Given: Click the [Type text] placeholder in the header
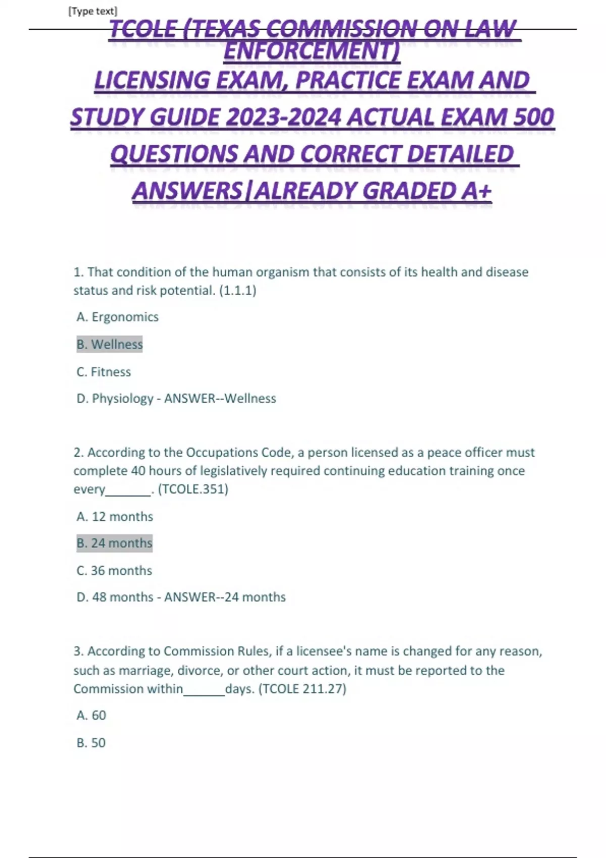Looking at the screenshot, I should pyautogui.click(x=92, y=11).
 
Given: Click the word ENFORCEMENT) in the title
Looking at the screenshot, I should pyautogui.click(x=312, y=51).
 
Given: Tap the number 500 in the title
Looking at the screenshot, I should pyautogui.click(x=533, y=117).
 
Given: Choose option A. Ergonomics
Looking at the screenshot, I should pyautogui.click(x=117, y=317).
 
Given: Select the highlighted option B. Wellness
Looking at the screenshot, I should pyautogui.click(x=110, y=344).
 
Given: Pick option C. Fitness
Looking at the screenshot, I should pyautogui.click(x=104, y=372).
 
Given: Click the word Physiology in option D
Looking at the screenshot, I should pyautogui.click(x=122, y=399).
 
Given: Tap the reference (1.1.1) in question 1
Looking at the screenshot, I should pyautogui.click(x=237, y=291).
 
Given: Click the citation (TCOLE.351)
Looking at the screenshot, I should pyautogui.click(x=193, y=489).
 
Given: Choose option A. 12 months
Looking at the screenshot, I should pyautogui.click(x=115, y=517).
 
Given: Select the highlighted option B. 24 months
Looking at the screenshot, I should pyautogui.click(x=114, y=543).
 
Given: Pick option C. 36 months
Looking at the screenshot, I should pyautogui.click(x=114, y=571).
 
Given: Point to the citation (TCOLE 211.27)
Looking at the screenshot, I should pyautogui.click(x=302, y=689).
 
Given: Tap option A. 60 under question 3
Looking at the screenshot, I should pyautogui.click(x=91, y=716).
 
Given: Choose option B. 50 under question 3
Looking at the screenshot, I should pyautogui.click(x=91, y=743).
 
